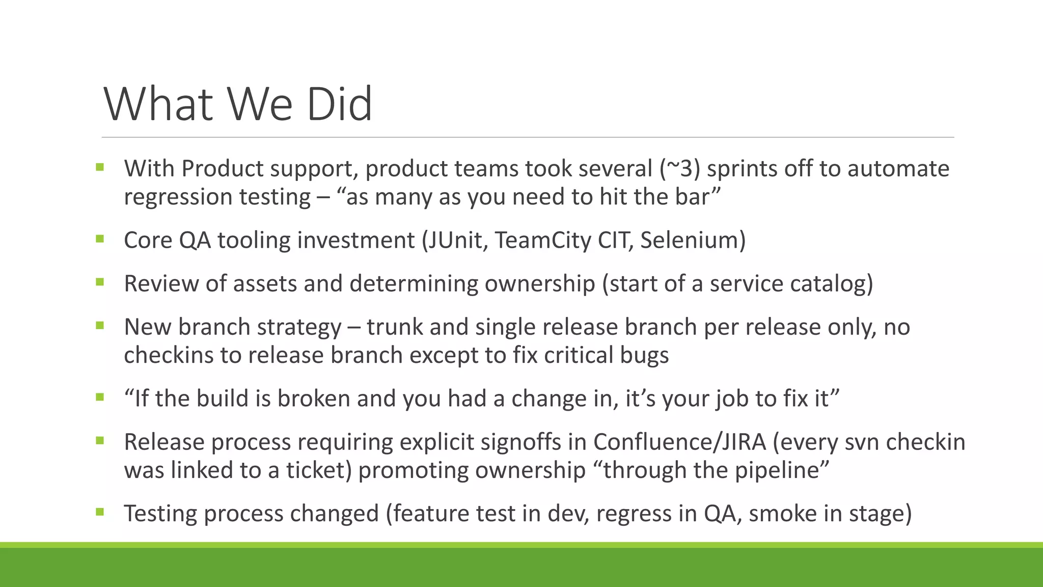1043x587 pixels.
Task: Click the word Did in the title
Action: [339, 104]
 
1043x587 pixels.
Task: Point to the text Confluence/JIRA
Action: [679, 442]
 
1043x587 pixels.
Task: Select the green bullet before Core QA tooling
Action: [99, 238]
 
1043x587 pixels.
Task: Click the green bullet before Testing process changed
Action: [99, 512]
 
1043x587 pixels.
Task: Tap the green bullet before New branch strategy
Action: [99, 325]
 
